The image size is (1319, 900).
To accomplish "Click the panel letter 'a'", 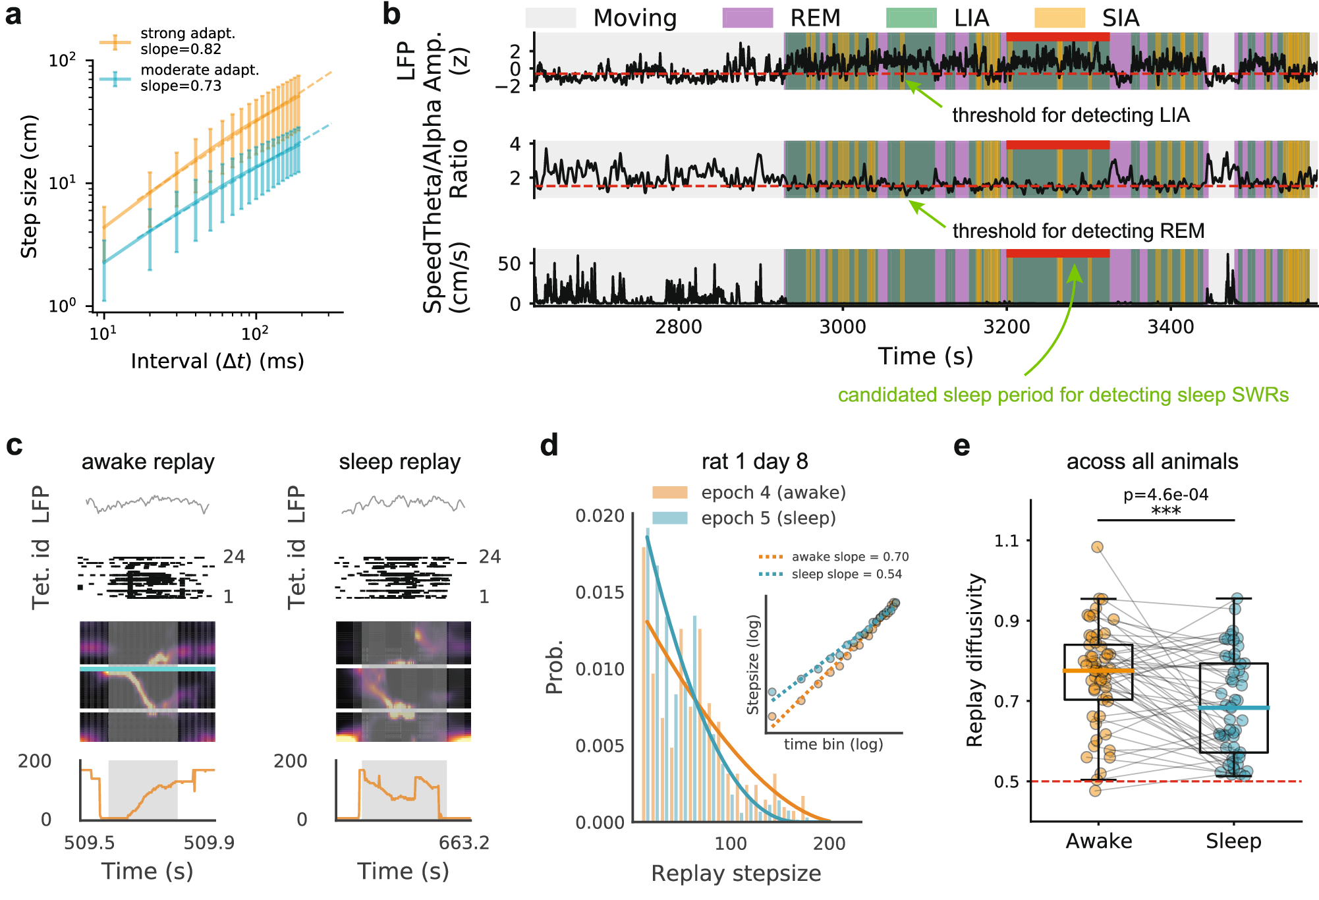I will pos(13,14).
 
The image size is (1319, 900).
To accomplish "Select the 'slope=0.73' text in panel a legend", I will pos(181,86).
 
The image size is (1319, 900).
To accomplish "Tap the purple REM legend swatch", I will pos(747,18).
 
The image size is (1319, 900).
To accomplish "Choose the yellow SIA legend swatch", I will pos(1059,18).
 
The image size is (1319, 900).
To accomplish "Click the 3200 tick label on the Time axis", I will pos(1006,327).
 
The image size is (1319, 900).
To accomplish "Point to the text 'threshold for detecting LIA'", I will pos(1071,115).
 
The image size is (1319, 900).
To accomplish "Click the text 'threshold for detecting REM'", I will pos(1078,231).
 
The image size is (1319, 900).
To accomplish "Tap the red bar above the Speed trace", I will pos(1057,254).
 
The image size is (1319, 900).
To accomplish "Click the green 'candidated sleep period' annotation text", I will pos(1063,395).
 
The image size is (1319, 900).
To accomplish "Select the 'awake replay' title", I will pos(148,462).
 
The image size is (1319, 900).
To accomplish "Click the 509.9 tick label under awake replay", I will pos(209,843).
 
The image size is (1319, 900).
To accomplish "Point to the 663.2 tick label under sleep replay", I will pos(464,843).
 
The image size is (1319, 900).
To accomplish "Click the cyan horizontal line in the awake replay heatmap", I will pos(148,669).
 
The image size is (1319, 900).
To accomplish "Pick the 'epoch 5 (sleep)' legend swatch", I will pos(669,519).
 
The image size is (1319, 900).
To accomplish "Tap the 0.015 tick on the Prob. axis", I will pos(600,592).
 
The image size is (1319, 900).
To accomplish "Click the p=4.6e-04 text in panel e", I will pos(1165,495).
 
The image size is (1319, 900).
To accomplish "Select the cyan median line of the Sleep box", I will pos(1233,708).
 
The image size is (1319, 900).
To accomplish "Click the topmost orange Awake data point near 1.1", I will pos(1097,547).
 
